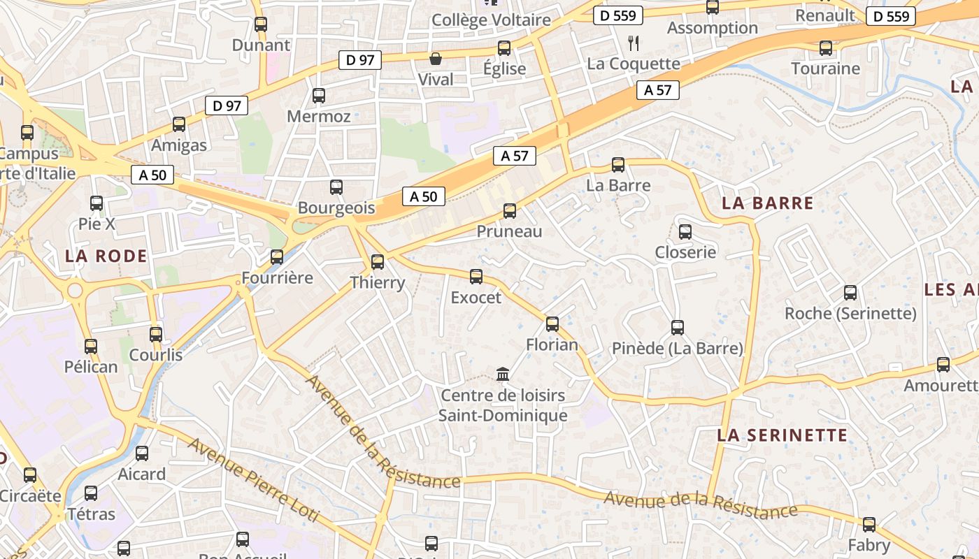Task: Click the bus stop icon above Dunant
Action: [261, 24]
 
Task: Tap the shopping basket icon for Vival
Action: [436, 59]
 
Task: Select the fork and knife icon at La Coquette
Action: [634, 43]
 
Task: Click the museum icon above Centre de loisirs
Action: [503, 375]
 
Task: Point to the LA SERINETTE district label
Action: [782, 435]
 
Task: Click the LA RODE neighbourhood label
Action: [106, 256]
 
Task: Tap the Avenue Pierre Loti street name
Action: [253, 481]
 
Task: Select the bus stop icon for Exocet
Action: [476, 277]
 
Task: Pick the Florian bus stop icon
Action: [552, 324]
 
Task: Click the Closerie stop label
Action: [685, 252]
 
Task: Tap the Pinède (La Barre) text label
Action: [677, 348]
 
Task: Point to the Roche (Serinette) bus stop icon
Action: [850, 293]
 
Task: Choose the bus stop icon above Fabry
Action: [869, 525]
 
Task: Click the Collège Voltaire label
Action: [491, 20]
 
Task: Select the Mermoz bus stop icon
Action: [319, 96]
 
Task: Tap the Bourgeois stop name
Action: [336, 208]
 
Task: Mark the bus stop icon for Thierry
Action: [378, 262]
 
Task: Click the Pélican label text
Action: [91, 367]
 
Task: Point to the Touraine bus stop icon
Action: [826, 48]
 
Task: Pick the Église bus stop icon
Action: [504, 48]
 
